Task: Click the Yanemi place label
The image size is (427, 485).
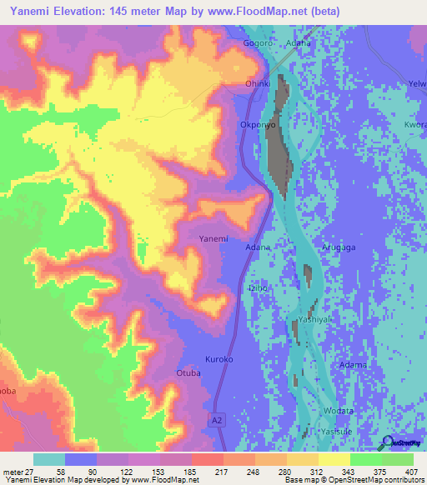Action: click(213, 239)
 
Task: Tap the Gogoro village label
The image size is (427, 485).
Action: click(258, 42)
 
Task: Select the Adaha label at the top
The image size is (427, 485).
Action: click(299, 42)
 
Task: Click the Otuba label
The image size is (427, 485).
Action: click(188, 374)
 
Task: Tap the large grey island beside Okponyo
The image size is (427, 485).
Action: click(279, 133)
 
